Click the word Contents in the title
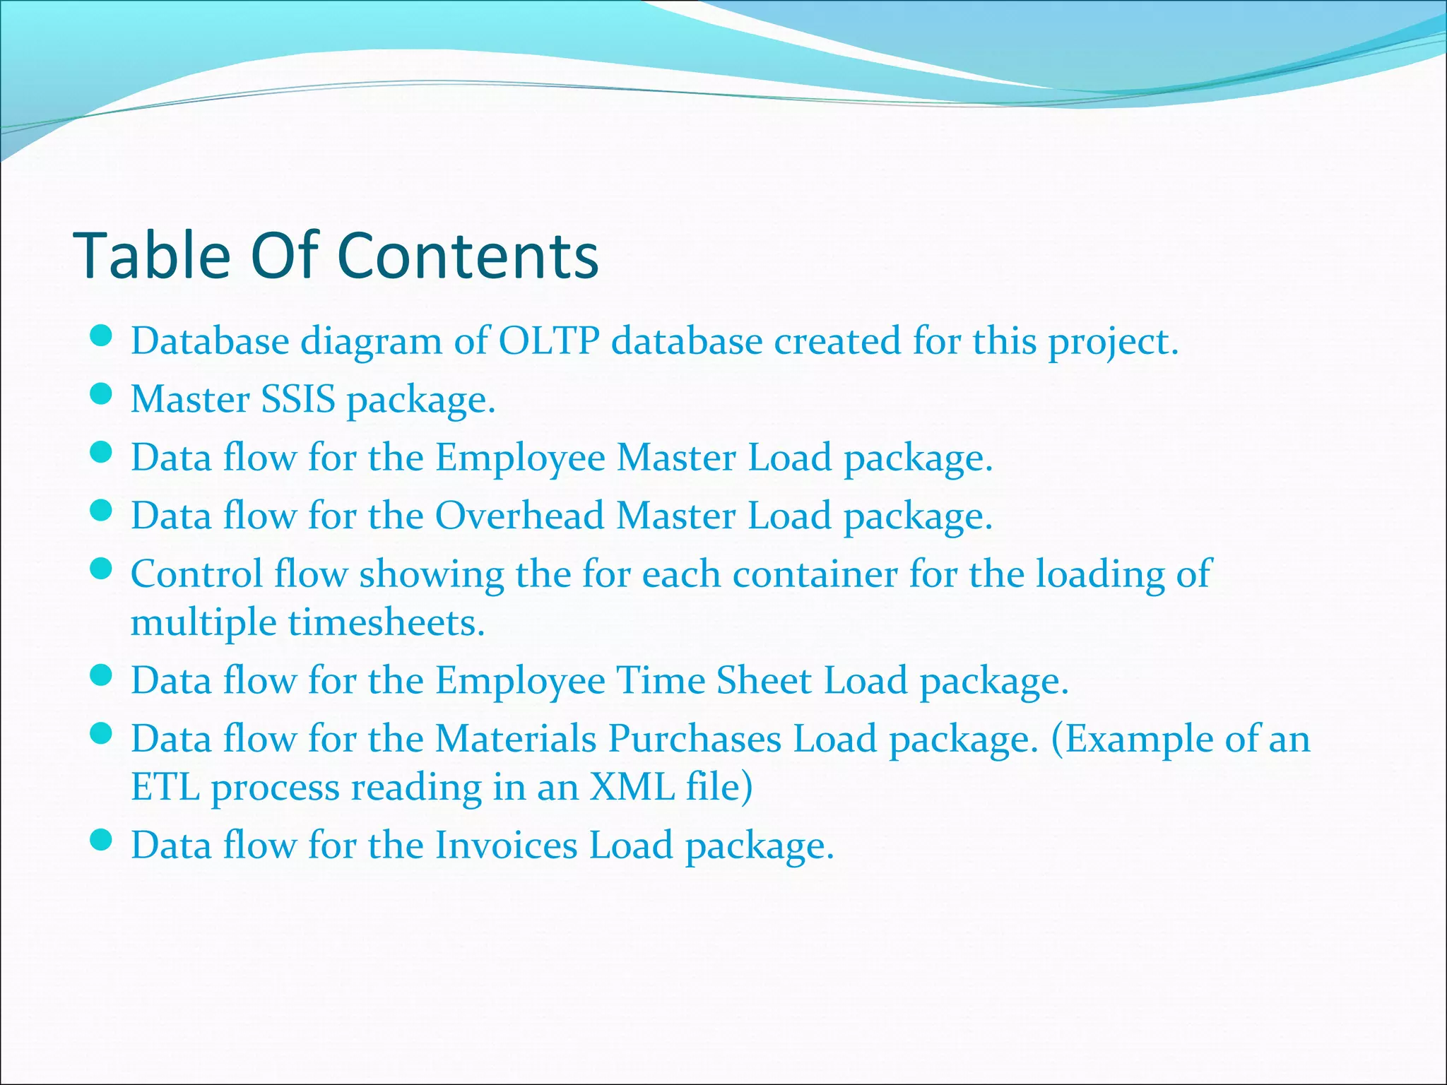click(468, 255)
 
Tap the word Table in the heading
click(152, 255)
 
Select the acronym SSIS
click(298, 399)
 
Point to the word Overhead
click(519, 515)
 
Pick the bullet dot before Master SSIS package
click(102, 394)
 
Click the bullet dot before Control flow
click(102, 569)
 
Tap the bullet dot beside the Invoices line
click(102, 840)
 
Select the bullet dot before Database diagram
click(102, 336)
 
